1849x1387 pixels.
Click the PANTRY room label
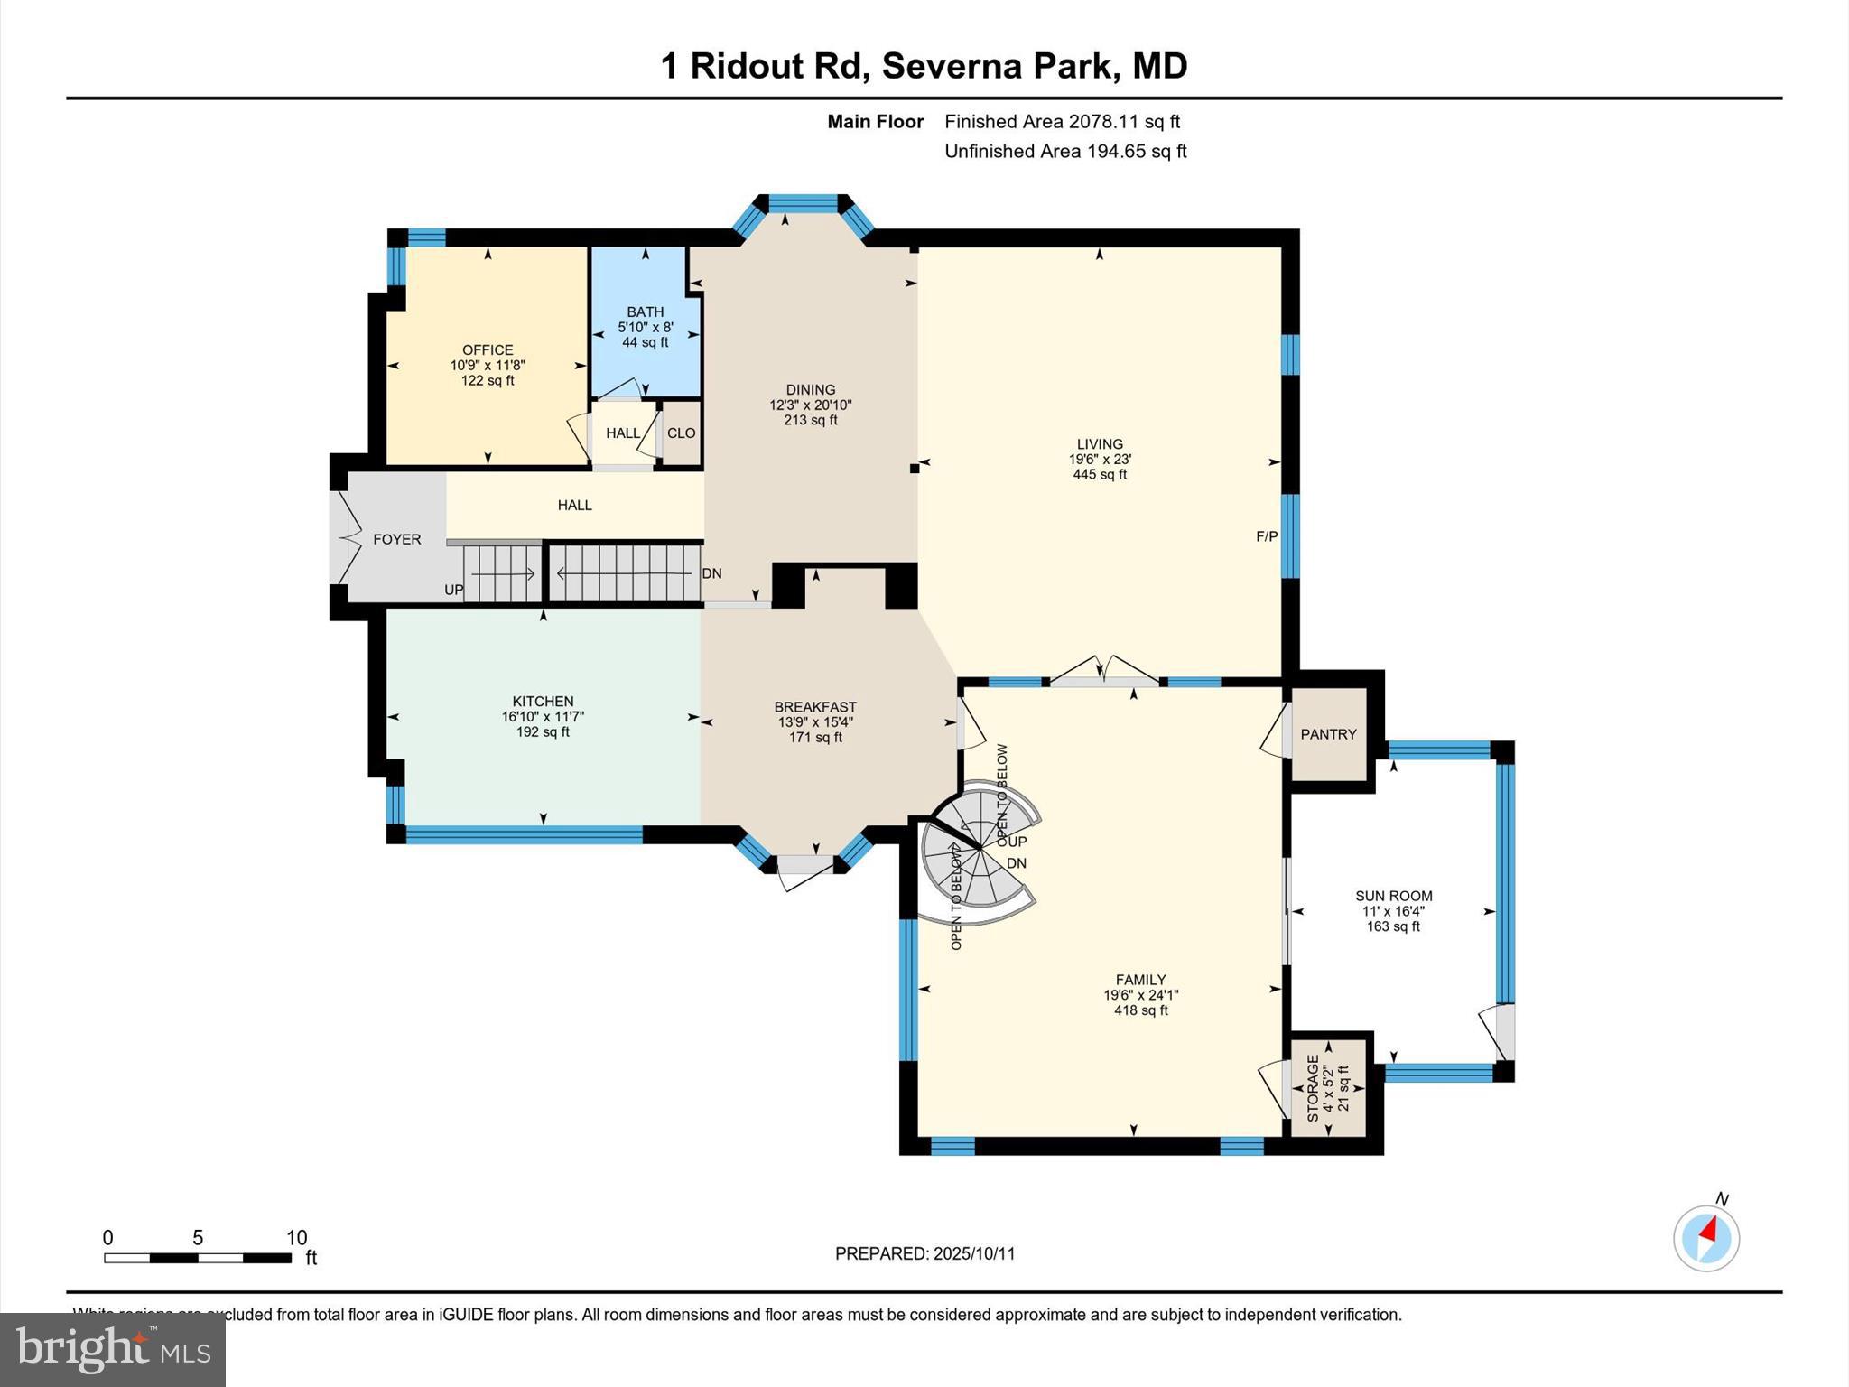coord(1328,734)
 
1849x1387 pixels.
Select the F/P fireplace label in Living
coord(1267,536)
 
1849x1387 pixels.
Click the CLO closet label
coord(681,433)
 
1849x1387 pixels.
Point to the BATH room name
coord(645,312)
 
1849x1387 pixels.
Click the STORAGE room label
coord(1313,1087)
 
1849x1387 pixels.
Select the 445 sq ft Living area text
coord(1099,474)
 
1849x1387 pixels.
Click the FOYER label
coord(396,539)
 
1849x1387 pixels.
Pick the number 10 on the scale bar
coord(296,1238)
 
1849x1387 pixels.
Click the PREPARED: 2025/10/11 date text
coord(924,1253)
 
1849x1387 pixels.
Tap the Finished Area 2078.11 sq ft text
coord(1062,121)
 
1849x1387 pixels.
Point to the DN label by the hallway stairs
coord(711,573)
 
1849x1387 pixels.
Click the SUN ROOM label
coord(1393,896)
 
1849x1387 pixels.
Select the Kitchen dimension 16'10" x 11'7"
coord(543,716)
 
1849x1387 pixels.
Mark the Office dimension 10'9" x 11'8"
coord(488,365)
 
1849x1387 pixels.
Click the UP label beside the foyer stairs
coord(453,590)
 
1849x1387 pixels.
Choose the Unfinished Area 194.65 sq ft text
coord(1064,151)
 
